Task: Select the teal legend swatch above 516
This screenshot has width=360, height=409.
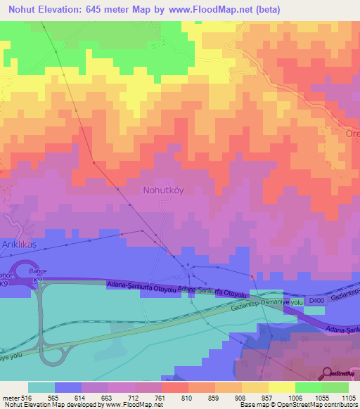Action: (x=41, y=387)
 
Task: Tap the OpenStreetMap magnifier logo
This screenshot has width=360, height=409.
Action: (x=328, y=373)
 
